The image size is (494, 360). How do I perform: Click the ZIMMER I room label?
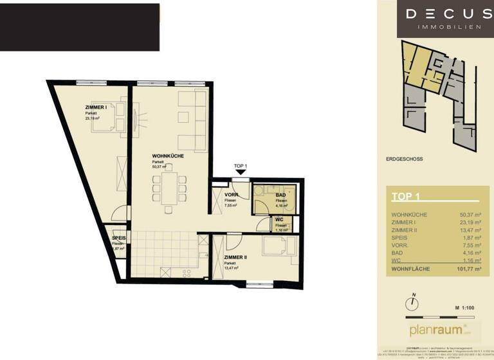(96, 107)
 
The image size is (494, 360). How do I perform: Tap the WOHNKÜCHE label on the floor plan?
(165, 156)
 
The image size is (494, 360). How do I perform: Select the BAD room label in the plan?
(281, 195)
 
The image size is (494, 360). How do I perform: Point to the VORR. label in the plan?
(232, 195)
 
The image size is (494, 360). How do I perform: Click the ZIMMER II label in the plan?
(236, 257)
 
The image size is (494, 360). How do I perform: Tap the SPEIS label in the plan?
(118, 239)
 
